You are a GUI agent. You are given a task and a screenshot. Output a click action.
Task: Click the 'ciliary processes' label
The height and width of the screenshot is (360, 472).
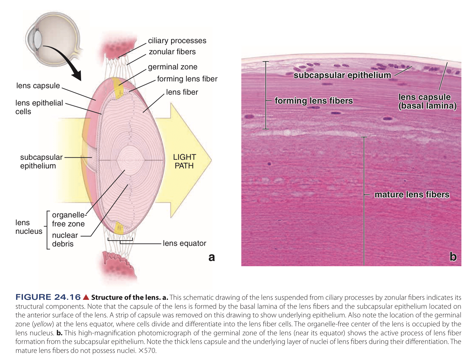coord(177,41)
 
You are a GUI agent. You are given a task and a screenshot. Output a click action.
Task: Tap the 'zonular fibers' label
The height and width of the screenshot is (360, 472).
coord(172,52)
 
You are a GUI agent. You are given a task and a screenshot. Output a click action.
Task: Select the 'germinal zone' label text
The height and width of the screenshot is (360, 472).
coord(172,67)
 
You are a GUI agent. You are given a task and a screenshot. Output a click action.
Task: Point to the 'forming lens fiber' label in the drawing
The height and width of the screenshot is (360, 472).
coord(187,79)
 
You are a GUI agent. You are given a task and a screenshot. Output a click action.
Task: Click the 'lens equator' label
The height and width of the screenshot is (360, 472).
coord(184,243)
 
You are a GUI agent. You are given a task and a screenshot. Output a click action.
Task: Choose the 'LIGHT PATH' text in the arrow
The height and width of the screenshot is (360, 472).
coord(184,161)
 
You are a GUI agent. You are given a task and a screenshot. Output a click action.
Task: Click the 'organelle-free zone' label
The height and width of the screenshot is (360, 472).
coord(68,219)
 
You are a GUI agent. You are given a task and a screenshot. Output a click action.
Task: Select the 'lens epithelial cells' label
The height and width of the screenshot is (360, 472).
coord(39,107)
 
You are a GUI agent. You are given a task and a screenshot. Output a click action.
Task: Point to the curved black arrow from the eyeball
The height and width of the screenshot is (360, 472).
coord(66,60)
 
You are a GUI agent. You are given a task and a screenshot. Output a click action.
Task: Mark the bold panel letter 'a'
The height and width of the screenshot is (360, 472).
coord(211,257)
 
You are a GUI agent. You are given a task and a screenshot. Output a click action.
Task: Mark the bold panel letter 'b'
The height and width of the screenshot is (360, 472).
coord(453,257)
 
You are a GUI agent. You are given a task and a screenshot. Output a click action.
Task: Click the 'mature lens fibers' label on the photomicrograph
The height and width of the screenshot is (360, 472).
coord(412,195)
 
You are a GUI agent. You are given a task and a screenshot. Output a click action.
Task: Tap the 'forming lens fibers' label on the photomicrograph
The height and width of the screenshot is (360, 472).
coord(314,101)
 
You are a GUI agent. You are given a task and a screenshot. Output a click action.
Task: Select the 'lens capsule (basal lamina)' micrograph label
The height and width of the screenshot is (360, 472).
coord(427,101)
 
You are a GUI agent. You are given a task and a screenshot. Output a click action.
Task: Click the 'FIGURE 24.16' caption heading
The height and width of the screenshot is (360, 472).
coord(48,297)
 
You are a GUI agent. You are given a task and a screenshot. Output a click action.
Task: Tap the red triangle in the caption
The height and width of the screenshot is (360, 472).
coord(86,297)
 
